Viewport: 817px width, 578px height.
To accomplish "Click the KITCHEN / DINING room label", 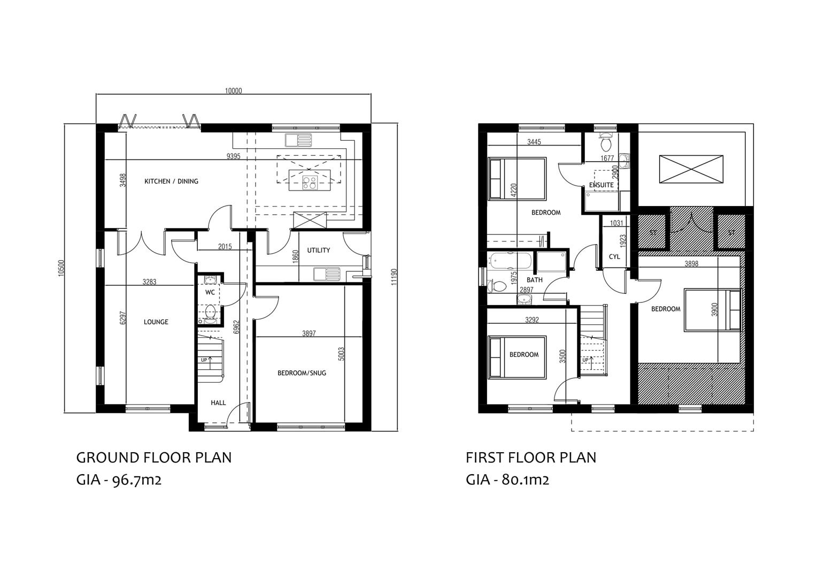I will coord(171,181).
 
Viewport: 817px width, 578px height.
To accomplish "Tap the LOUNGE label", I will coord(156,322).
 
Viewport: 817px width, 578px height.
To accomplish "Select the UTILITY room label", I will coord(318,250).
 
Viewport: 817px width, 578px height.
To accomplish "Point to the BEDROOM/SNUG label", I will coord(302,373).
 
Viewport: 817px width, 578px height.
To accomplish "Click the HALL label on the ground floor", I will coord(218,403).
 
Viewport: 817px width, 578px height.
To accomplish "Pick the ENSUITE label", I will coord(602,185).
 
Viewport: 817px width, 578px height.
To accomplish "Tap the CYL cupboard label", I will coord(614,257).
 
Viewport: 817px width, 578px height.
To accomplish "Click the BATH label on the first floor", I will coord(534,280).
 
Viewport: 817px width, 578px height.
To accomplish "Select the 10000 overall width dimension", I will coord(233,90).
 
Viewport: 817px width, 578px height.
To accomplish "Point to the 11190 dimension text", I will coord(395,277).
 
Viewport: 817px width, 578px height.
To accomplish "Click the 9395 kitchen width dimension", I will coord(233,156).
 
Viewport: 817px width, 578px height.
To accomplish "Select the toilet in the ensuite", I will coord(606,142).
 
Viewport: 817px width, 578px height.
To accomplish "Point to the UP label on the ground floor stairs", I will coord(204,360).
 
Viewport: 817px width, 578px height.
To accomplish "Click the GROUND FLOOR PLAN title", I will coord(154,458).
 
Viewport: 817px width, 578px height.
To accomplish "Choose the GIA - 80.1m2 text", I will coord(507,480).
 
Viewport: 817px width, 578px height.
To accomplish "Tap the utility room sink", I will coord(327,274).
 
